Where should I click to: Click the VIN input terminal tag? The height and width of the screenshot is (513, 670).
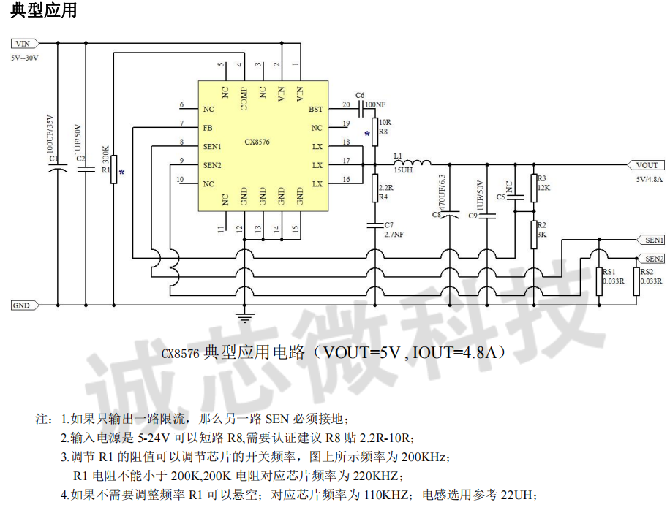(x=21, y=43)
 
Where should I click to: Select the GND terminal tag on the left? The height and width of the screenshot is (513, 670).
(x=21, y=305)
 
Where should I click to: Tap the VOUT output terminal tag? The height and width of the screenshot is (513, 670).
(x=647, y=165)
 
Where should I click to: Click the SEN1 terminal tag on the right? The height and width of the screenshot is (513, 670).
(x=650, y=239)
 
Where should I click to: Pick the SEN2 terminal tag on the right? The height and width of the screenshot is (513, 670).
(x=650, y=258)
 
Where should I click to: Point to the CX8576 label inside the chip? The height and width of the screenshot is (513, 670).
(x=257, y=142)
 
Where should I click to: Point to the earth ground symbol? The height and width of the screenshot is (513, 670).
(x=244, y=317)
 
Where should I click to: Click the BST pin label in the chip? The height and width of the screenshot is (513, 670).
(x=315, y=110)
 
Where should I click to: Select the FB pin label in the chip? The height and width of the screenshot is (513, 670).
(x=208, y=127)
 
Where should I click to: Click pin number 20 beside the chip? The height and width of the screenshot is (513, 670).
(x=346, y=105)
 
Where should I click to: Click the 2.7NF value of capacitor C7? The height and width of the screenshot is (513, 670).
(x=394, y=235)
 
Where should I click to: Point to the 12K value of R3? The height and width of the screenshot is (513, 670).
(x=543, y=188)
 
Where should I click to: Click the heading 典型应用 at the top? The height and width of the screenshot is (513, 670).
(x=43, y=12)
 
